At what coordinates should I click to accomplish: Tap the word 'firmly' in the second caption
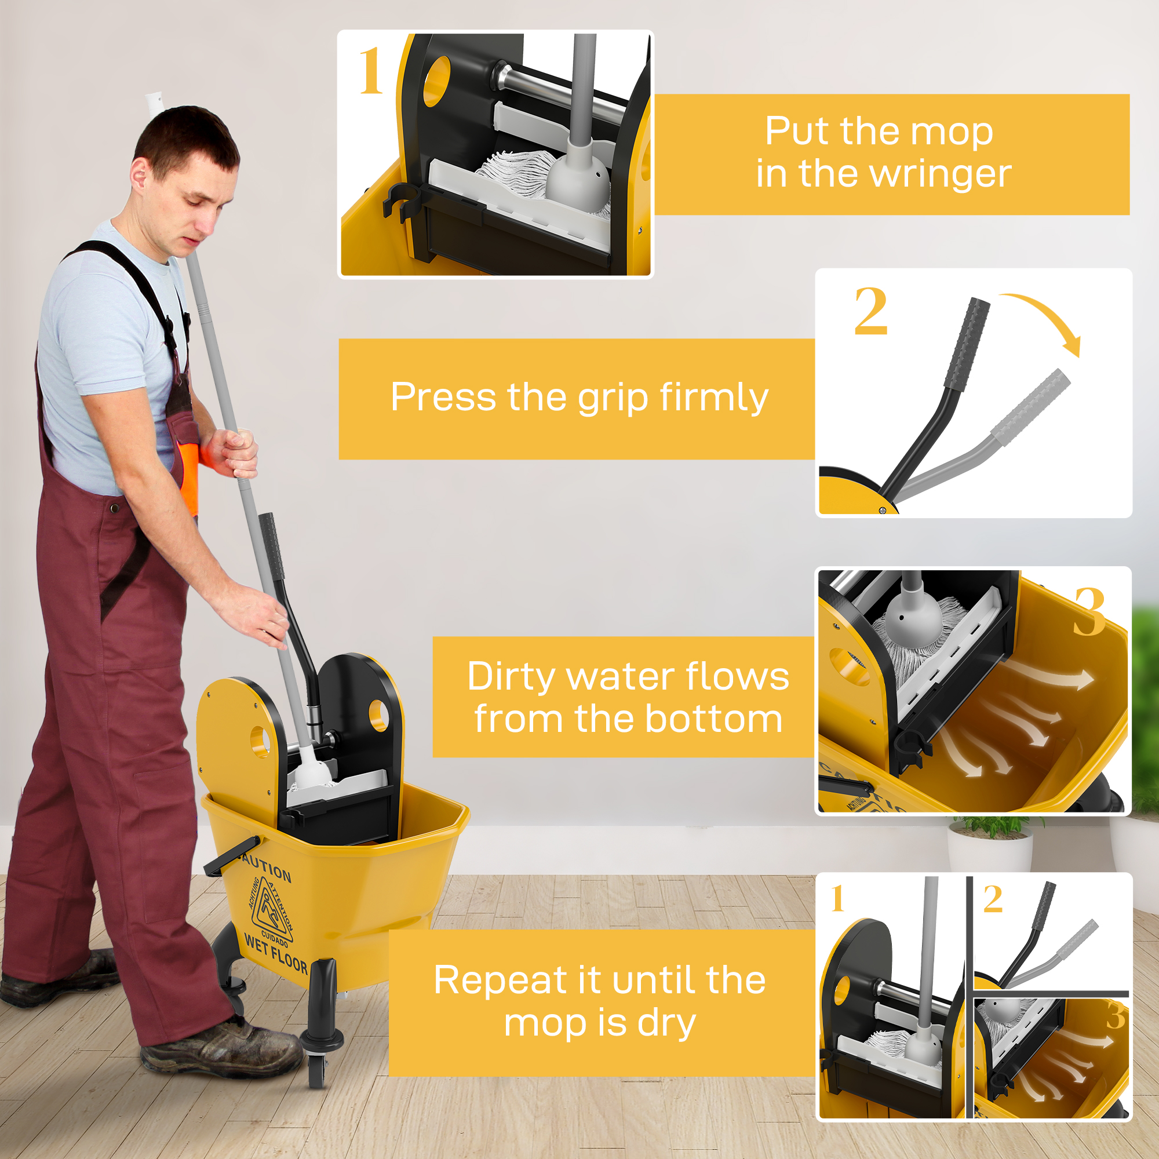point(713,398)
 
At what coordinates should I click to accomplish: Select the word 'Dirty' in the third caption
point(512,677)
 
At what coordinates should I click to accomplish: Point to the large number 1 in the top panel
point(371,72)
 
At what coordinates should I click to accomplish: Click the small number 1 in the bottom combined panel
point(837,899)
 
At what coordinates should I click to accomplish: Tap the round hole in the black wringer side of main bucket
point(378,715)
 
